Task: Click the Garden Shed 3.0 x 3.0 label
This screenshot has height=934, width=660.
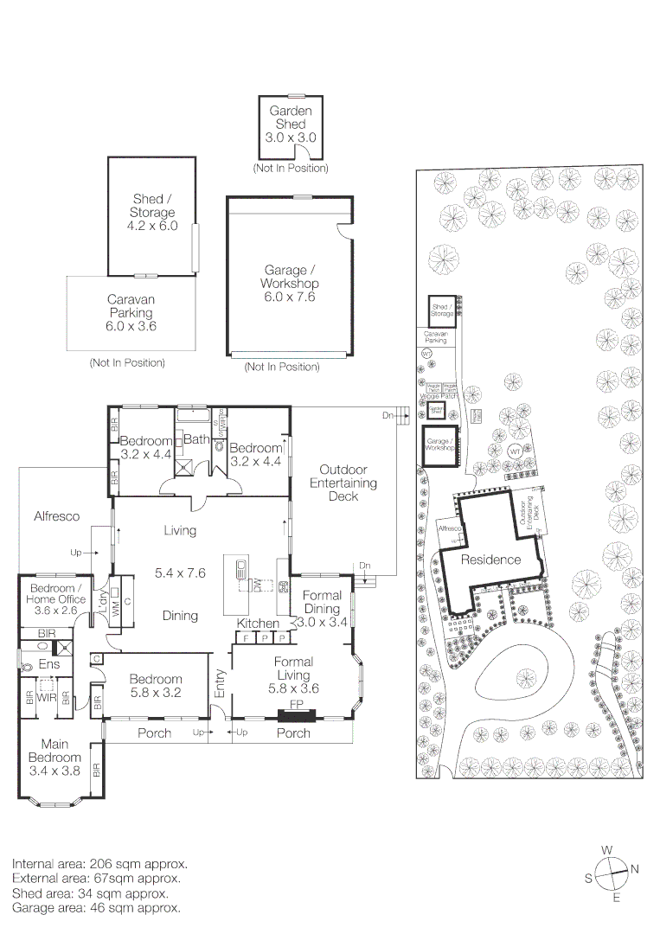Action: (291, 124)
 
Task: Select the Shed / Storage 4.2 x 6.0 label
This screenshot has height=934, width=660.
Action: (153, 213)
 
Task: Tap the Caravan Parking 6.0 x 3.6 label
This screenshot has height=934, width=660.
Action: (130, 313)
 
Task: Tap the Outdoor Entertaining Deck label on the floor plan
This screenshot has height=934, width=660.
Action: (343, 483)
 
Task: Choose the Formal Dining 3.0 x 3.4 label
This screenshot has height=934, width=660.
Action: (321, 609)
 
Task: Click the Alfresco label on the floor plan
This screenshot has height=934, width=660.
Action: (56, 516)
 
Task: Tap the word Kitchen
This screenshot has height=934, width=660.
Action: (258, 624)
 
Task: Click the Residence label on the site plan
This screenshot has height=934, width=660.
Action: (490, 560)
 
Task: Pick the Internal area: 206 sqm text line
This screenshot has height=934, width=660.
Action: (99, 864)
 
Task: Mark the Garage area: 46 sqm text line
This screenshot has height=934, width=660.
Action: (96, 908)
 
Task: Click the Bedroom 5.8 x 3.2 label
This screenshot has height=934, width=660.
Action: (157, 686)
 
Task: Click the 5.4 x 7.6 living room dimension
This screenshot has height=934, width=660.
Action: (179, 573)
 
